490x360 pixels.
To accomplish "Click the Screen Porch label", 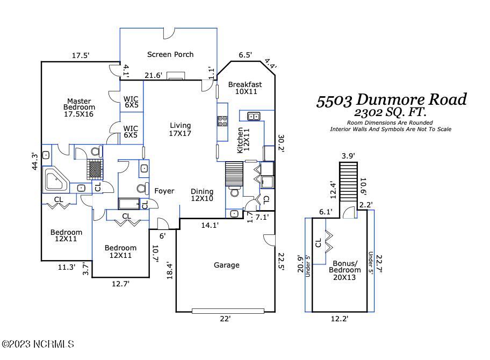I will coord(170,54).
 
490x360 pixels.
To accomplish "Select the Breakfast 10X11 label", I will coord(245,88).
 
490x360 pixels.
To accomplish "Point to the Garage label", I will coord(226,265).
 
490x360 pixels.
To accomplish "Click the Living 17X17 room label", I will coord(180,129).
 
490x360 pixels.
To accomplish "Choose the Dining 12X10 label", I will coord(202,195).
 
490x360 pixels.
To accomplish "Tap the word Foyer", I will coord(164,191).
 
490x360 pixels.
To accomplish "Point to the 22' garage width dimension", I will coord(226,319).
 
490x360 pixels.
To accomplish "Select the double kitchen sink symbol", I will coord(254,116).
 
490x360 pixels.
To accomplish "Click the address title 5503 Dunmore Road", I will coord(391,100).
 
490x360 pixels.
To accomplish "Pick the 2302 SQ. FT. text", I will coord(391,113).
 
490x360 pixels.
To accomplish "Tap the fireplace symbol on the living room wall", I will coord(175,76).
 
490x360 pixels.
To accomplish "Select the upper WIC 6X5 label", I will coord(131,102).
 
